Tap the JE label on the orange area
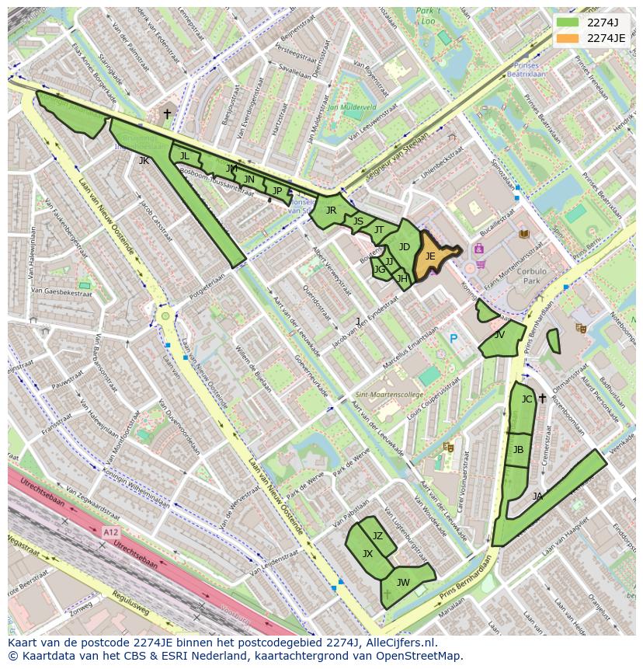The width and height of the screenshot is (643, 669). tap(430, 256)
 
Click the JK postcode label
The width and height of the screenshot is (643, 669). tap(144, 161)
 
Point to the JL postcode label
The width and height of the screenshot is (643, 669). tap(184, 156)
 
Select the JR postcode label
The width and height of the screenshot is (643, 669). tap(331, 210)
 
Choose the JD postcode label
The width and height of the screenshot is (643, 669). tap(404, 247)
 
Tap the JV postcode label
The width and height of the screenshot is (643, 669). tap(499, 335)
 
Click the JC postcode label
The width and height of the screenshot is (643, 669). tap(527, 399)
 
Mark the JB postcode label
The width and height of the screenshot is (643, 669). tap(518, 450)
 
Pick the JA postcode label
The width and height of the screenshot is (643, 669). tap(537, 496)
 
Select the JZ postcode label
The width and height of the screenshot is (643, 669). tap(377, 535)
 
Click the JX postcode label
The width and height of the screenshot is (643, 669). tap(367, 553)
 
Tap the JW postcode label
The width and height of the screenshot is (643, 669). tap(403, 582)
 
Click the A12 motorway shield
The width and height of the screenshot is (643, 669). tap(110, 532)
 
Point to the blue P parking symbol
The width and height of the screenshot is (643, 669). tap(454, 339)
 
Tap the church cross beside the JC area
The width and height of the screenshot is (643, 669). tap(542, 399)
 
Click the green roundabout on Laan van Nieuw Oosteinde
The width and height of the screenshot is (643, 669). tap(165, 316)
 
